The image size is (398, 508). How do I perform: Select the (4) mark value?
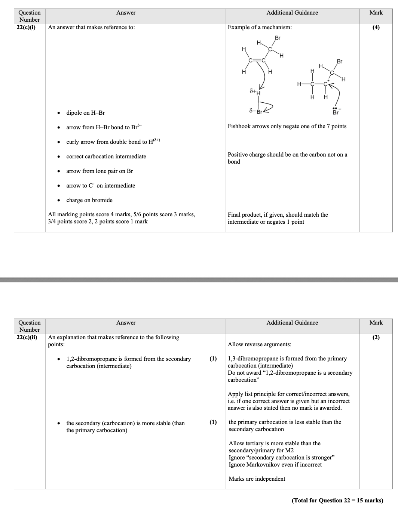[x=376, y=27]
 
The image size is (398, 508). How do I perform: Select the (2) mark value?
[x=376, y=337]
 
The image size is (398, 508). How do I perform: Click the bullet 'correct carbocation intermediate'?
[x=106, y=157]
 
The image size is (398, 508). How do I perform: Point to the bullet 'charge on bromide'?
[x=89, y=200]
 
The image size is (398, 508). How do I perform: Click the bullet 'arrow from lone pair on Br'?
[x=99, y=171]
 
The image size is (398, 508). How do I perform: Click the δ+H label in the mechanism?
[x=255, y=92]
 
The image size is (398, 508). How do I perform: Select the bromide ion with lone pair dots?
[x=336, y=112]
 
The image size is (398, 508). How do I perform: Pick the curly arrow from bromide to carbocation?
[x=336, y=93]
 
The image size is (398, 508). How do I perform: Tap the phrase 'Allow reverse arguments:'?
[x=259, y=344]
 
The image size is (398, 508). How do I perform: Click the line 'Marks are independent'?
[x=257, y=479]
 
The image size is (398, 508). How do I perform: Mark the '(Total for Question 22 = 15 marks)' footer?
[x=337, y=501]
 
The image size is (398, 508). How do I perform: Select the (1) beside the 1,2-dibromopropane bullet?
[x=213, y=359]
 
